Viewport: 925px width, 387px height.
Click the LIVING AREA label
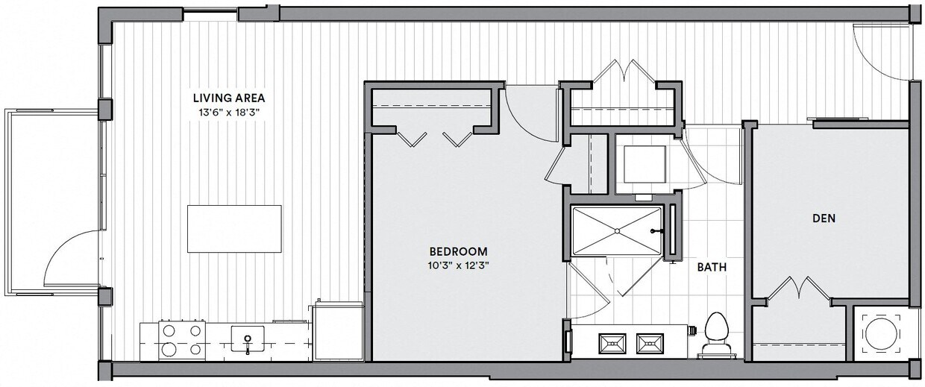click(x=229, y=98)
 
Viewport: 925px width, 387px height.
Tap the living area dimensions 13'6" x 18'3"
click(x=229, y=112)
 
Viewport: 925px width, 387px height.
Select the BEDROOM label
click(x=458, y=251)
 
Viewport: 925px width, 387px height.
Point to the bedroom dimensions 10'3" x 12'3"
click(x=458, y=265)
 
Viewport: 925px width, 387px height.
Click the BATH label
click(x=712, y=266)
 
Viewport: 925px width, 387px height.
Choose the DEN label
click(x=823, y=218)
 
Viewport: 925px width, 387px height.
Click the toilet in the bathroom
click(x=715, y=332)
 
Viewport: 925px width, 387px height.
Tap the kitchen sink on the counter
click(x=247, y=340)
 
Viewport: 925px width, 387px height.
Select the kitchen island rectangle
click(x=234, y=228)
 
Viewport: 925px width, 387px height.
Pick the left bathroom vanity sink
click(x=614, y=343)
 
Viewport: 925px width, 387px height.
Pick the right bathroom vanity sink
click(x=650, y=343)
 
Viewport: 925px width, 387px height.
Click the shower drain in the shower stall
click(x=618, y=231)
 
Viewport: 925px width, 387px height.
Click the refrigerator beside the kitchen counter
click(x=337, y=331)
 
